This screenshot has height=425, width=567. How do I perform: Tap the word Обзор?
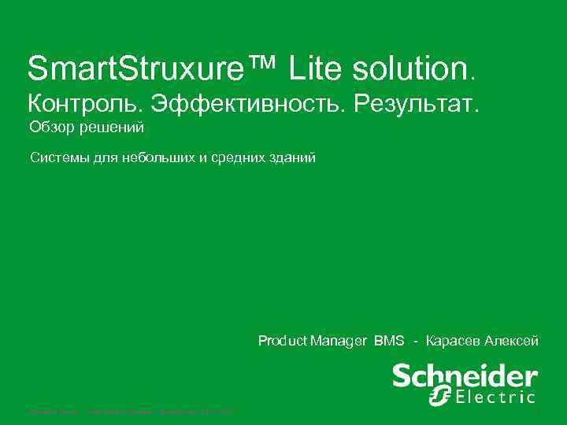(x=50, y=128)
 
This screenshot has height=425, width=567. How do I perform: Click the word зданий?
(x=293, y=159)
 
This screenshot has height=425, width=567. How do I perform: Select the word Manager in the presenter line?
(x=339, y=341)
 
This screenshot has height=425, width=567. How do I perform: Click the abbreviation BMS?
(x=389, y=341)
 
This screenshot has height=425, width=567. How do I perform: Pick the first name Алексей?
(x=512, y=341)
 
